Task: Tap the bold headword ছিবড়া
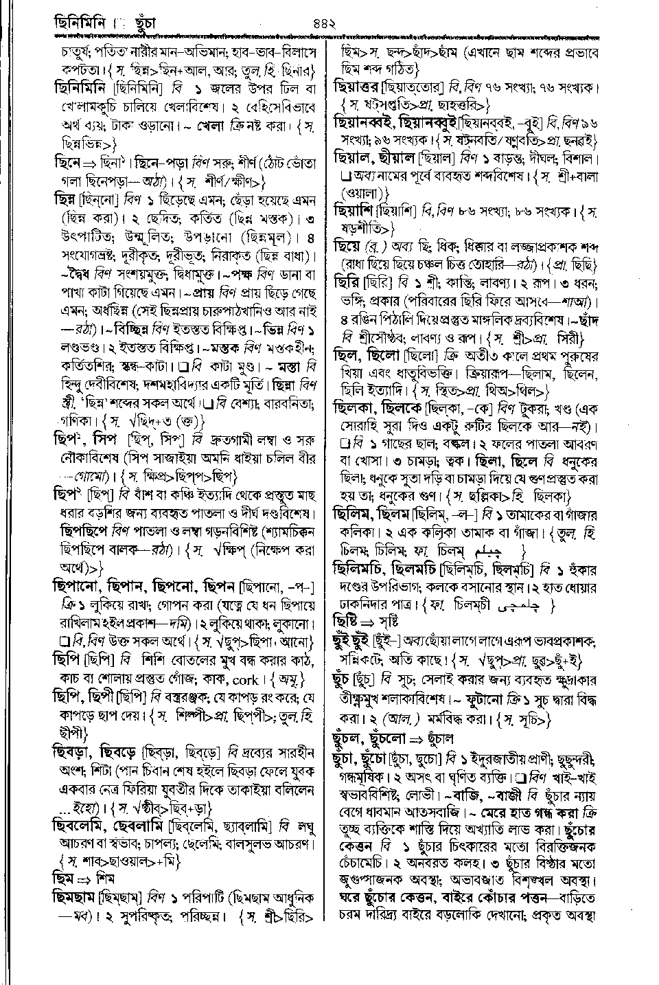click(74, 752)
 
